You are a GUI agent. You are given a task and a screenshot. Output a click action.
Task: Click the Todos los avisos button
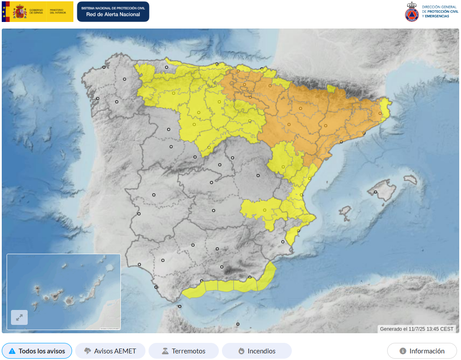tap(37, 351)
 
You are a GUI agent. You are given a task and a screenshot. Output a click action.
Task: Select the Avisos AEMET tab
tap(110, 351)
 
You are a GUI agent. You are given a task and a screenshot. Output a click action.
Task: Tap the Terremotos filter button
tap(183, 351)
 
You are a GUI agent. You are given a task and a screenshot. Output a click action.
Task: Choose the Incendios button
tap(257, 351)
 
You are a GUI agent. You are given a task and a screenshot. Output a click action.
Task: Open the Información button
tap(422, 351)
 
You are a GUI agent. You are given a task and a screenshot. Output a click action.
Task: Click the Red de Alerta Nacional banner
tap(113, 11)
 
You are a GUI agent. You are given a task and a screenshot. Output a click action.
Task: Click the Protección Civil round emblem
tap(412, 12)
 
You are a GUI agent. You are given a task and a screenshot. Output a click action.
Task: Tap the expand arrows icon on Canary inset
tap(19, 317)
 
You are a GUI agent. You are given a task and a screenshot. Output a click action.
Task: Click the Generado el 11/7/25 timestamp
tap(417, 329)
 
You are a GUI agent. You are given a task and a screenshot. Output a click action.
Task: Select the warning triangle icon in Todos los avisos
tap(12, 351)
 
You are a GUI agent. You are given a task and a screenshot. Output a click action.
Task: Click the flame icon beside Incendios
tap(241, 351)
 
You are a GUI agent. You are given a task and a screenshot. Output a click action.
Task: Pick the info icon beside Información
tap(403, 351)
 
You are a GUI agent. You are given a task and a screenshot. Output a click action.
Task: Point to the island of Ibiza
tap(345, 213)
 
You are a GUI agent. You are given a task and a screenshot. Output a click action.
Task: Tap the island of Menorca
tap(410, 179)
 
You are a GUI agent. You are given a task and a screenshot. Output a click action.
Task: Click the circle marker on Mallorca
tap(376, 192)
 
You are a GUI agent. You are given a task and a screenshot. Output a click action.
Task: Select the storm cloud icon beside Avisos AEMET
tap(88, 351)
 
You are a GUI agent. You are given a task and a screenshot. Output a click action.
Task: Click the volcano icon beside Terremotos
tap(165, 351)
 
